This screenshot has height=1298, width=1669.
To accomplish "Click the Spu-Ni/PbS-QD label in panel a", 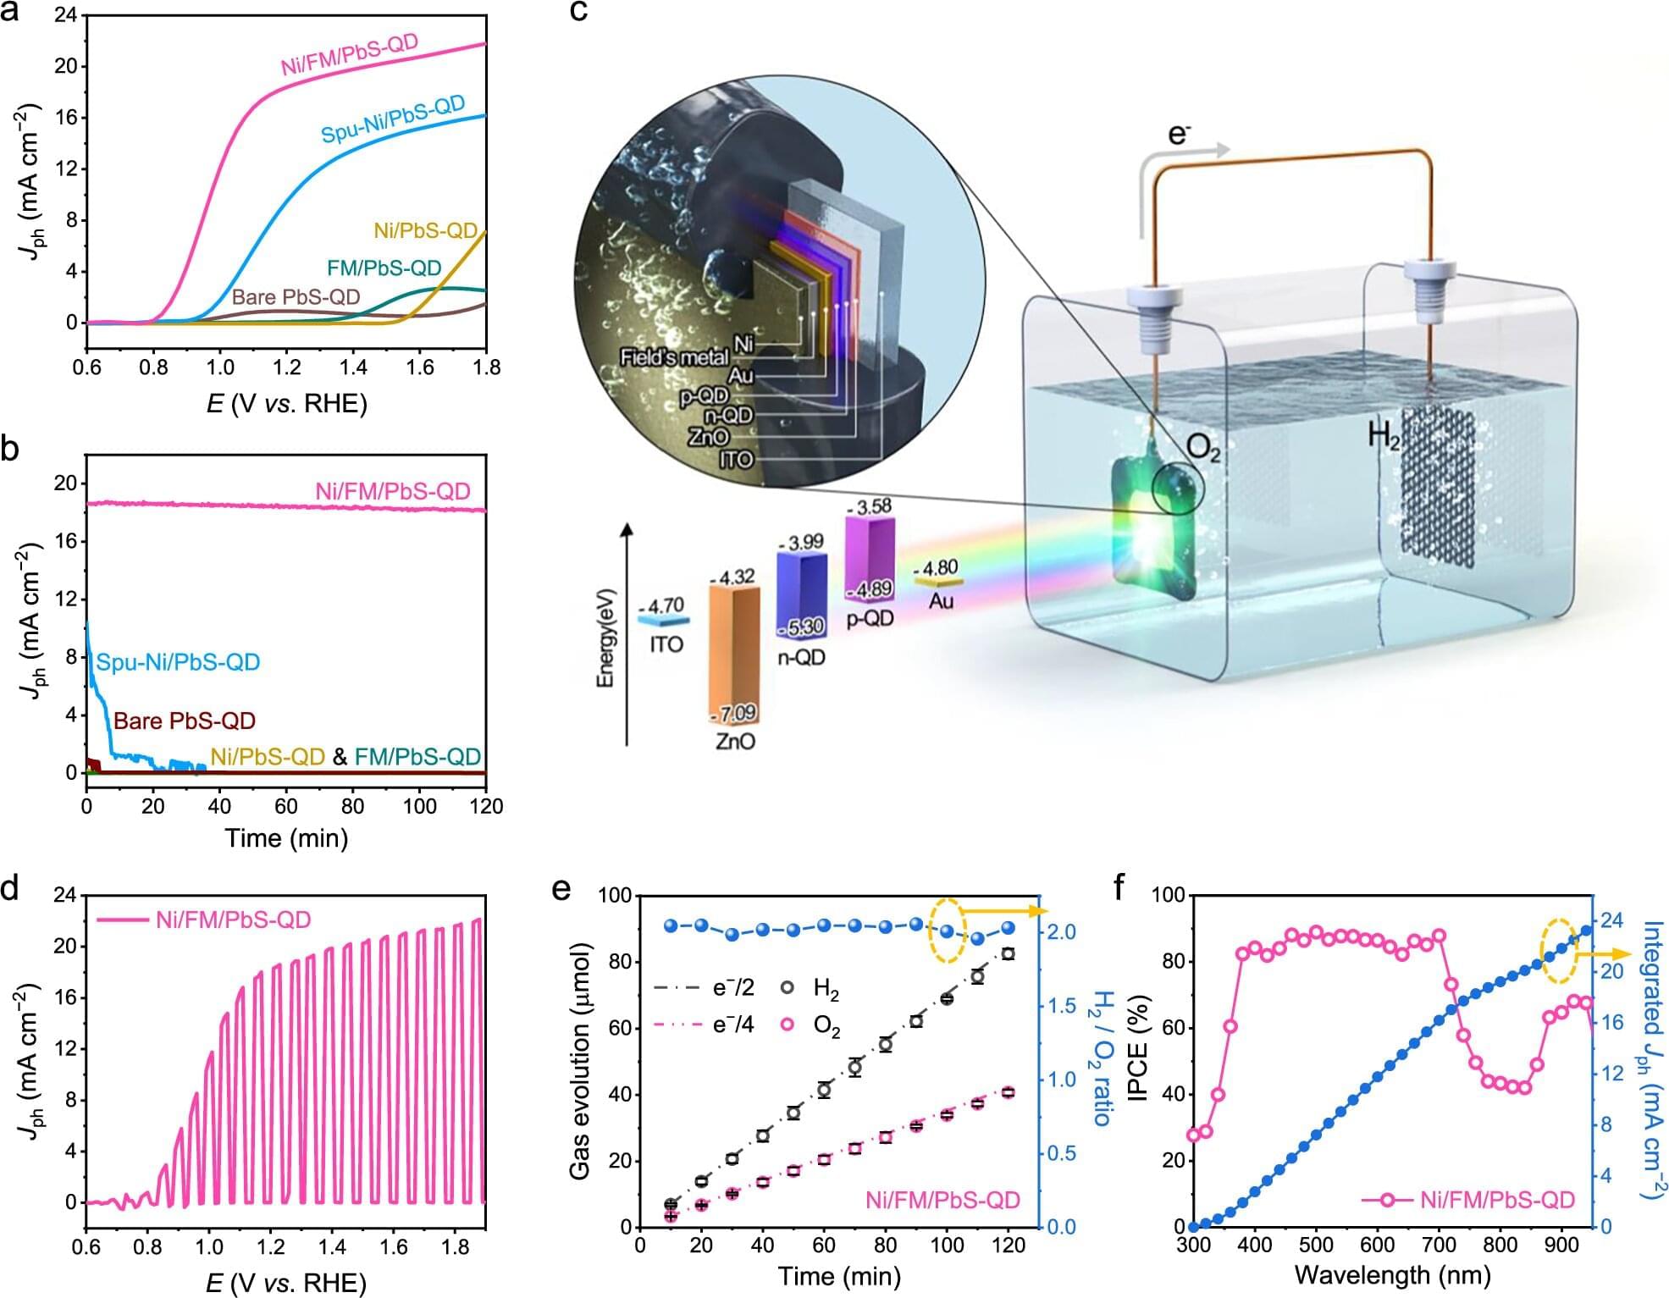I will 393,119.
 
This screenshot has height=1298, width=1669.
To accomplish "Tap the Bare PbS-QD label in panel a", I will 296,297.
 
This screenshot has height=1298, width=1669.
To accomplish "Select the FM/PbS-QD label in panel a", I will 384,268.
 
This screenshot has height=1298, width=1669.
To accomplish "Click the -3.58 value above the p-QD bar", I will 870,506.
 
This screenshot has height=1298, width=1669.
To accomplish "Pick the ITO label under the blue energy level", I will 666,644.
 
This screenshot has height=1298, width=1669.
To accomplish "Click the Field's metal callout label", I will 674,357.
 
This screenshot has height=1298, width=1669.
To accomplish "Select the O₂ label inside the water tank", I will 1202,447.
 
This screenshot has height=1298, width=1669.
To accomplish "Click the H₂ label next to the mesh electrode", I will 1384,435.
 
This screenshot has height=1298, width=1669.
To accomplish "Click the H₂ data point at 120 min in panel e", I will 1008,953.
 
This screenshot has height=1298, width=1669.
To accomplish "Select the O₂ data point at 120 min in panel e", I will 1008,1092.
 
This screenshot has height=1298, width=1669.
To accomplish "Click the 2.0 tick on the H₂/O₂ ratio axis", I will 1062,932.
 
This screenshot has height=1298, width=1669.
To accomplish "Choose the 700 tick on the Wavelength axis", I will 1438,1246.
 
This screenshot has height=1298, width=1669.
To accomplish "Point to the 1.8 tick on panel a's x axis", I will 485,367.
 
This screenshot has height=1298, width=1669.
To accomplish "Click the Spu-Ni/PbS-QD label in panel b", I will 178,662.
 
